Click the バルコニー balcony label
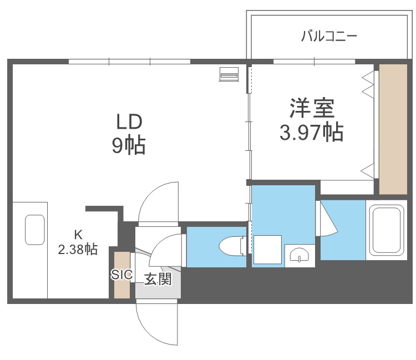point(329,37)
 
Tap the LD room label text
point(129,121)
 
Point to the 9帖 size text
point(129,145)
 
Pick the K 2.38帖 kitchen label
point(78,242)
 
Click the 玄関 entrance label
point(157,279)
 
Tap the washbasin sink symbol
point(299,255)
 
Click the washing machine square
point(267,250)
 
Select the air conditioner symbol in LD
point(229,74)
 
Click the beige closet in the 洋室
point(393,129)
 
